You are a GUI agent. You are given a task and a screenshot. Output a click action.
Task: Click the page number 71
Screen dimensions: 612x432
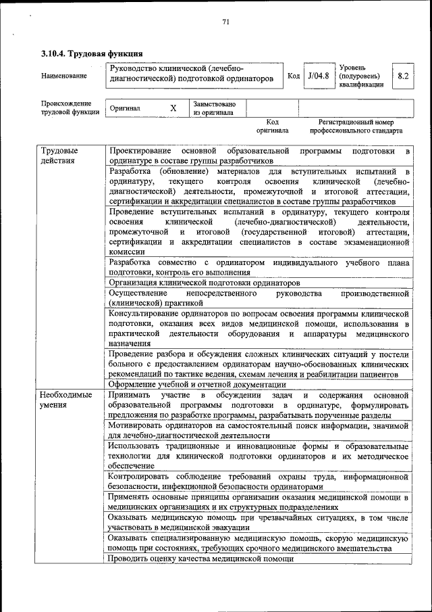tap(226, 22)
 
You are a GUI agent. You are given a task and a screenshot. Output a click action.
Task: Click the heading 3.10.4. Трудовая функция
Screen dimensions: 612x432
tap(91, 53)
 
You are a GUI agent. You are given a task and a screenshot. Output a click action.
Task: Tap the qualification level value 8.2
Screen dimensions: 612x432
tap(403, 76)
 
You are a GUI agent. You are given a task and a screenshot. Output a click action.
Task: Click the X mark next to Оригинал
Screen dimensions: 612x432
tap(173, 108)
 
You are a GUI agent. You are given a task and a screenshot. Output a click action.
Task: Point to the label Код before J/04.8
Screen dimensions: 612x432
tap(294, 76)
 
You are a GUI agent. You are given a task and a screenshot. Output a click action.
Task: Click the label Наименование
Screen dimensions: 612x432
tap(64, 76)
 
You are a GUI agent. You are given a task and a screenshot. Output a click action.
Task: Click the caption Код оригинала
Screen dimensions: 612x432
tap(272, 126)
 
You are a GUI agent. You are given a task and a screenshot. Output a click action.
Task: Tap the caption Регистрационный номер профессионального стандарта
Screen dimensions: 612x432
tap(356, 126)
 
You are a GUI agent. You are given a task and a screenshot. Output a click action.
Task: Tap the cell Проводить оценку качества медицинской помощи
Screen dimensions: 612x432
tap(200, 559)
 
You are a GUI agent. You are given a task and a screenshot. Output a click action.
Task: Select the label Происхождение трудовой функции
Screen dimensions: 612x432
tap(66, 108)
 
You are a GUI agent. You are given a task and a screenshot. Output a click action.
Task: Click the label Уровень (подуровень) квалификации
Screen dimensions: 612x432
tap(360, 76)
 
